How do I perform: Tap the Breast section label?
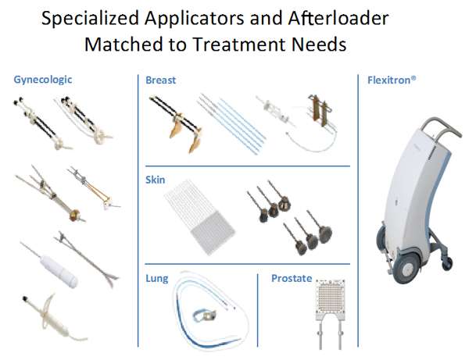point(160,80)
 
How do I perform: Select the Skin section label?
point(156,180)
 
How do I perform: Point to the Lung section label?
point(157,278)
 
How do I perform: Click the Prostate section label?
point(291,278)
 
